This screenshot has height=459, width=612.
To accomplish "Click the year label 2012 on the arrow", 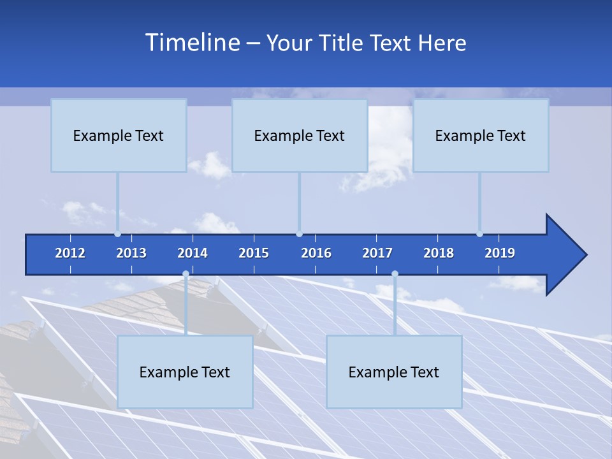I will tap(70, 253).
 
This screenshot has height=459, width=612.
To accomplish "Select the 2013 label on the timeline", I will tap(131, 253).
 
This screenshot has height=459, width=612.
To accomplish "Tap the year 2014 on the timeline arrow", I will tap(193, 253).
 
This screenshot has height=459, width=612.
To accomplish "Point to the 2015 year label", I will tap(254, 253).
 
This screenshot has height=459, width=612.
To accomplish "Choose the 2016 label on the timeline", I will tap(316, 253).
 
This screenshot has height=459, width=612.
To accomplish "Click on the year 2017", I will tap(377, 253).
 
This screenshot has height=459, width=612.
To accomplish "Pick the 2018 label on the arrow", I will tap(439, 253).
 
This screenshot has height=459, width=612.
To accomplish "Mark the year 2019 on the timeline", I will tap(500, 253).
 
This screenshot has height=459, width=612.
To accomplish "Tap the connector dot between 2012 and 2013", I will tap(118, 234).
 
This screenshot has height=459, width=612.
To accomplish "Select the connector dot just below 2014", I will tap(186, 274).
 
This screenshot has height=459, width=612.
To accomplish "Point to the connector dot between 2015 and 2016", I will tap(299, 234).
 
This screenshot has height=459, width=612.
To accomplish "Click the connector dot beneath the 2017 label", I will tap(395, 274).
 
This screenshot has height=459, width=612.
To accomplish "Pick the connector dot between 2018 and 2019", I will tap(479, 234).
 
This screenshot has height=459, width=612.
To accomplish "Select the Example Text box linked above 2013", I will tap(119, 135).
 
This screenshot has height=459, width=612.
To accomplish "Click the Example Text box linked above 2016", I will tap(300, 135).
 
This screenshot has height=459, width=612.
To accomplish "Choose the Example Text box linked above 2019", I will tap(481, 135).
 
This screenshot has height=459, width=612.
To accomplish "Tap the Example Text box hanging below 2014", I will tap(185, 372).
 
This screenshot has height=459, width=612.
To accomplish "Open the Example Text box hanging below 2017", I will tap(394, 372).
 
